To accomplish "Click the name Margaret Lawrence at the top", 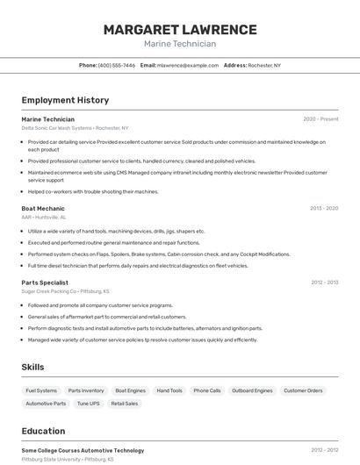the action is tap(180, 29).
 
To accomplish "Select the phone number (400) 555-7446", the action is tap(117, 65).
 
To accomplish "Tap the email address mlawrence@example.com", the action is tap(188, 65).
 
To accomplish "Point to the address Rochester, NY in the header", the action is tap(264, 65).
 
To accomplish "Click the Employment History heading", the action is tap(65, 100).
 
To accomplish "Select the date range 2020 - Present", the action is tap(320, 118).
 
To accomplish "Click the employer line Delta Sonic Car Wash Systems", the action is tap(75, 127).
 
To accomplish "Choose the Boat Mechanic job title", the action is tap(43, 208).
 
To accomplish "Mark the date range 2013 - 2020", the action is tap(324, 208).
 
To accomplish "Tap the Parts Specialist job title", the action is tap(45, 283).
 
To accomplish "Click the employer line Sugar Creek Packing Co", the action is tap(65, 290).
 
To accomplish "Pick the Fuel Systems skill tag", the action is tap(41, 390).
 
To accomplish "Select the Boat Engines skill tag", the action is tap(130, 390).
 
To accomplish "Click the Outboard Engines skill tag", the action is tap(252, 390).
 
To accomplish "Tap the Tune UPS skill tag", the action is tap(88, 404).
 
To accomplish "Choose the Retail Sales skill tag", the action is tap(124, 404).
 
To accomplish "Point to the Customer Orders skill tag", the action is tap(303, 390).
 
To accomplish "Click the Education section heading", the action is tap(43, 431).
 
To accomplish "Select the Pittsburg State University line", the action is tap(68, 458).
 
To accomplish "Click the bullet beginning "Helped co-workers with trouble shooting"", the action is tap(93, 191).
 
